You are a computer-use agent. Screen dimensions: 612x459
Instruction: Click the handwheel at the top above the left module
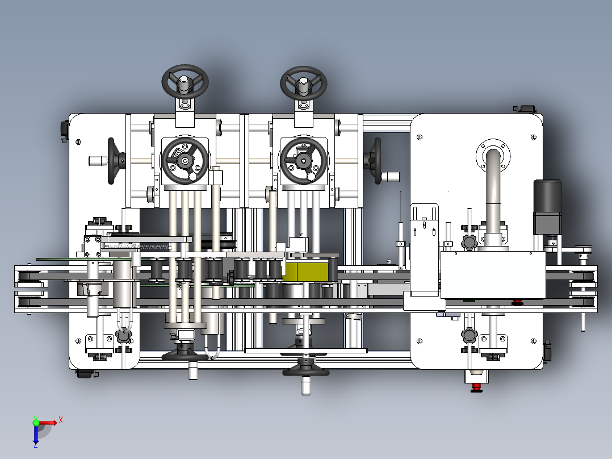click(x=185, y=82)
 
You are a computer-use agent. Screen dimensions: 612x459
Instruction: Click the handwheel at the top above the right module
click(x=303, y=83)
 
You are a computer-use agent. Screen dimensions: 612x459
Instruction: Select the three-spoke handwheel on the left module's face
click(x=185, y=160)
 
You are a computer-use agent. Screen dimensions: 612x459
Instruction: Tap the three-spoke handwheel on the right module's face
click(x=304, y=160)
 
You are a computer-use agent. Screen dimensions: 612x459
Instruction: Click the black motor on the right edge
click(x=548, y=207)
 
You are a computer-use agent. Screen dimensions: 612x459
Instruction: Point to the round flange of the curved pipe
click(x=493, y=156)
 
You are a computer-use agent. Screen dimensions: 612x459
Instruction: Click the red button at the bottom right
click(x=476, y=387)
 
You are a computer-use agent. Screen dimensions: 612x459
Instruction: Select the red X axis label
click(x=61, y=420)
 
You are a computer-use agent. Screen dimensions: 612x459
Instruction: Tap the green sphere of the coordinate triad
click(x=36, y=422)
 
